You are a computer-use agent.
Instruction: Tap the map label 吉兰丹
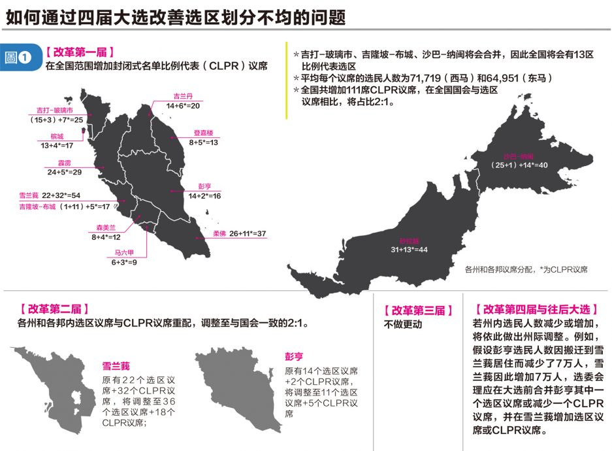point(182,95)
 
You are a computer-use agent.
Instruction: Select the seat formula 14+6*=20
point(183,105)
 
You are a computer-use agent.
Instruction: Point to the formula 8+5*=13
point(204,142)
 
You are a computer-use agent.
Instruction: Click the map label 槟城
point(57,137)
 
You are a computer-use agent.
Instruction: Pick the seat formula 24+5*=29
point(64,172)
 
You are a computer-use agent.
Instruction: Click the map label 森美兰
point(101,228)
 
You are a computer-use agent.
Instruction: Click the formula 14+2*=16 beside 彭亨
point(204,196)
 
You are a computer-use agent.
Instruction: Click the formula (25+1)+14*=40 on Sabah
point(519,165)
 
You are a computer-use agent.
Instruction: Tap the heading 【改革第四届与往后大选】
point(536,309)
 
